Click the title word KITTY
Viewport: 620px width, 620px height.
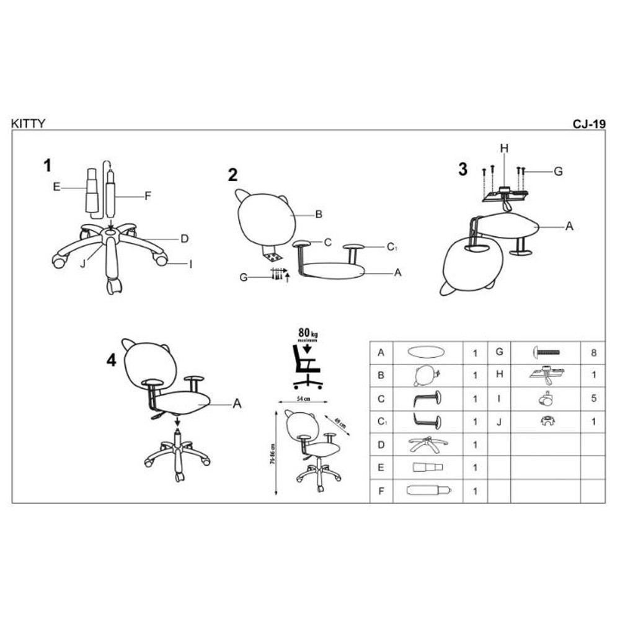[28, 123]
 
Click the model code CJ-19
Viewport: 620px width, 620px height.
[588, 123]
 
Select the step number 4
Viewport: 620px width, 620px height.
[112, 361]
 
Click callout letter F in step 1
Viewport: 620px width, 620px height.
[148, 196]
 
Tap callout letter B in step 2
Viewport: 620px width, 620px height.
[318, 215]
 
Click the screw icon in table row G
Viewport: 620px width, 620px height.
[546, 352]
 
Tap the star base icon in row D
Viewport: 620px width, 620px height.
[428, 444]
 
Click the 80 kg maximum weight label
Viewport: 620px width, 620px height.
[306, 332]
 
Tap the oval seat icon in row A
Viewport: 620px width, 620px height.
[426, 352]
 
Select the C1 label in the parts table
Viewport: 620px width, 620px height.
[381, 422]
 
